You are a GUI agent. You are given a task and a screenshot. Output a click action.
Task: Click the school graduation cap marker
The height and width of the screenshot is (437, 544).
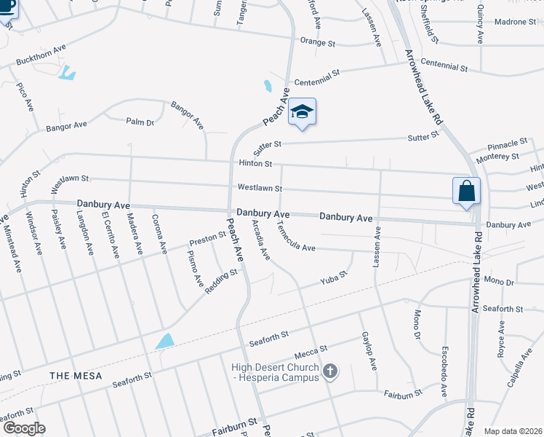302,112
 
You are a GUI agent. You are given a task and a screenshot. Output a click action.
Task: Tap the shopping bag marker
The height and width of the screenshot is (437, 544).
465,192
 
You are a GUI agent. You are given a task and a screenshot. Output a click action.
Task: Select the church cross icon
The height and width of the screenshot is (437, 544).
330,372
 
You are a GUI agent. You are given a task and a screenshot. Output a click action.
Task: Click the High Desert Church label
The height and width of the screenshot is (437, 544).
276,372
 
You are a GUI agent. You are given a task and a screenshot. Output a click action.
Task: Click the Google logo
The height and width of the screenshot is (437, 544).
24,428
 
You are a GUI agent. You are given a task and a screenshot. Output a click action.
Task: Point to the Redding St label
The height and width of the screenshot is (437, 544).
221,280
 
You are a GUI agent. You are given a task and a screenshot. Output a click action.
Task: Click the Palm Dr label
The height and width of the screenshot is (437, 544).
140,122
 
